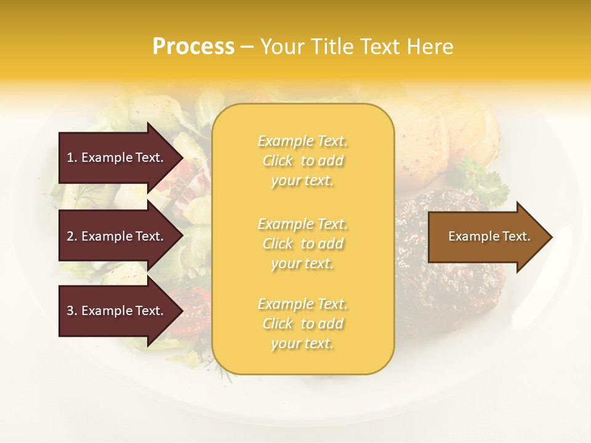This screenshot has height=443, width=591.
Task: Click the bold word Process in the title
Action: (x=193, y=47)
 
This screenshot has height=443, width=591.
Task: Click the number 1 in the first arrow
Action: (x=70, y=158)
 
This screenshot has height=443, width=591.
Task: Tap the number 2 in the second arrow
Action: (x=70, y=236)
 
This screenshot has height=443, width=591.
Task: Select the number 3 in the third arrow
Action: (x=70, y=311)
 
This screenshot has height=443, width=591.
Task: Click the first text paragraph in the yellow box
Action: (x=302, y=161)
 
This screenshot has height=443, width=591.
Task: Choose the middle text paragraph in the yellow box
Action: (x=302, y=244)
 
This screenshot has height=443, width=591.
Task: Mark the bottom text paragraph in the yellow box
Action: (x=302, y=324)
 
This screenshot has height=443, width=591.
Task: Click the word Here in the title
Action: (x=433, y=47)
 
